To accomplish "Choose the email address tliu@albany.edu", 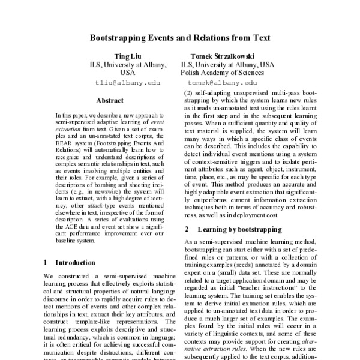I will point(127,83).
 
